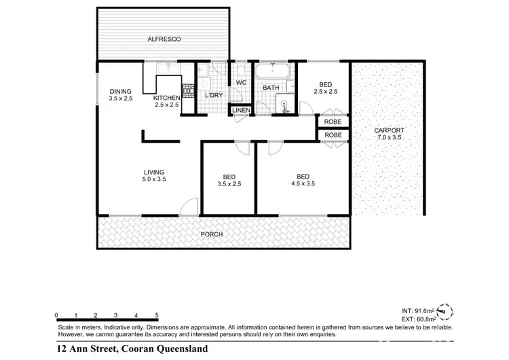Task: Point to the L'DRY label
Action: [x=214, y=95]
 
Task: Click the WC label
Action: [x=240, y=83]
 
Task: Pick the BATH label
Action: [x=271, y=88]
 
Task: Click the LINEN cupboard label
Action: [x=241, y=111]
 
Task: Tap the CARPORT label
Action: [x=389, y=130]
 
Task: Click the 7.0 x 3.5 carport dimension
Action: [x=389, y=138]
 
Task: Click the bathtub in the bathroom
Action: [x=273, y=71]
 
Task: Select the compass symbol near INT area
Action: [x=445, y=311]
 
